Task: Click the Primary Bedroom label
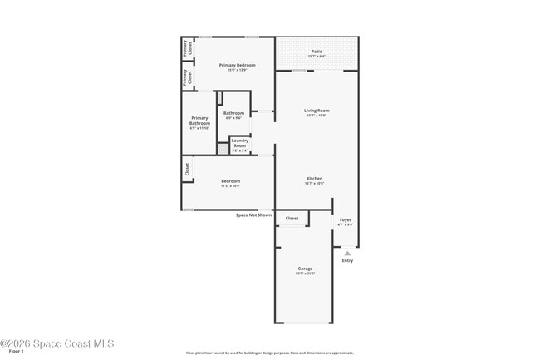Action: pos(233,65)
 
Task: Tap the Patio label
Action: pos(317,52)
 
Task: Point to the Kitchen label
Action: pos(315,179)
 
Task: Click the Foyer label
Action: pos(345,220)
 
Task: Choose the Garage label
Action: pos(305,269)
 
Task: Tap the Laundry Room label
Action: pos(239,143)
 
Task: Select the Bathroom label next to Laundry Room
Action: pos(233,113)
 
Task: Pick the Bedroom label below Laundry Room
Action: pos(230,181)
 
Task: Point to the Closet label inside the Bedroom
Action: pos(188,168)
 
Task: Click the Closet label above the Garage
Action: pos(292,218)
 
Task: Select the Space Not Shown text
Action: pos(253,215)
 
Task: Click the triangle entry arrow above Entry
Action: pos(347,254)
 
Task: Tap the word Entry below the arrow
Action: pos(347,261)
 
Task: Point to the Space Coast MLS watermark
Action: pos(56,343)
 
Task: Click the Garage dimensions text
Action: pos(305,274)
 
